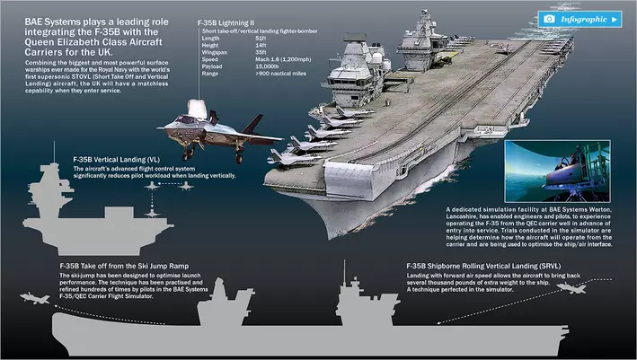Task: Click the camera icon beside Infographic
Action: tap(549, 19)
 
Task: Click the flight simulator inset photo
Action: tap(569, 171)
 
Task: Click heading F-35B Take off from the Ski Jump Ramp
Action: tap(125, 267)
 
